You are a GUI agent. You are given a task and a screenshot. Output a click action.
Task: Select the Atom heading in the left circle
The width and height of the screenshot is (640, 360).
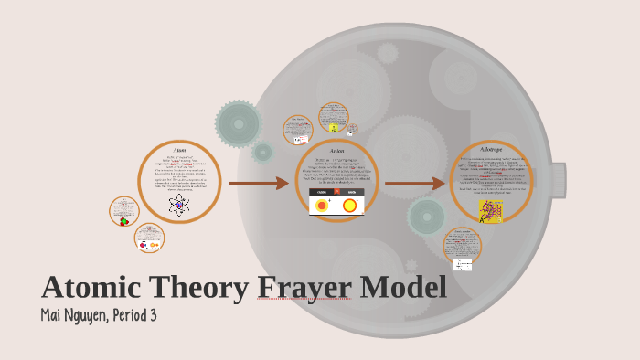click(x=179, y=149)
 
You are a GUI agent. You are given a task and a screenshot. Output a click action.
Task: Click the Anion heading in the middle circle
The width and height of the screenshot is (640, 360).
click(x=336, y=150)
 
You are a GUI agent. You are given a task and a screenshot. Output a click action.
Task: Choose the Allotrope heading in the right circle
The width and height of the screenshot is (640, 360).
click(x=491, y=149)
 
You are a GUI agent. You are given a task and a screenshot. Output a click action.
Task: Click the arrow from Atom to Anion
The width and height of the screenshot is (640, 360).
click(x=259, y=184)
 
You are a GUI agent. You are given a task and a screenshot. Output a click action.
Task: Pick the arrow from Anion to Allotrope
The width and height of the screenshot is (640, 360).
click(x=415, y=184)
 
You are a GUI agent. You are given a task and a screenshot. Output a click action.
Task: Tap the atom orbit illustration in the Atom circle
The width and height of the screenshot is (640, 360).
click(x=179, y=205)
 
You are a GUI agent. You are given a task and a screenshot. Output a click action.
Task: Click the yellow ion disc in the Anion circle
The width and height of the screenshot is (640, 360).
click(x=349, y=206)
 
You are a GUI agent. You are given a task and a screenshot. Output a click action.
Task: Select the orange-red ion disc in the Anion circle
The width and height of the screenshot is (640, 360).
click(x=322, y=206)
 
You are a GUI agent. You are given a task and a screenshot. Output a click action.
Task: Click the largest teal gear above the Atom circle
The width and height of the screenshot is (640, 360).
click(x=239, y=123)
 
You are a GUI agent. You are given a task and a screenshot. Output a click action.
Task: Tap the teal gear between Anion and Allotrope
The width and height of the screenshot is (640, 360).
click(x=427, y=217)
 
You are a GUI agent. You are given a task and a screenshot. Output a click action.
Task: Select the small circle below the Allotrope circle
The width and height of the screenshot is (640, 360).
click(x=462, y=247)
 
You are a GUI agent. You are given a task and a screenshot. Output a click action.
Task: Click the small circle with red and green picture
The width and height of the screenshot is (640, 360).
click(x=124, y=212)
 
